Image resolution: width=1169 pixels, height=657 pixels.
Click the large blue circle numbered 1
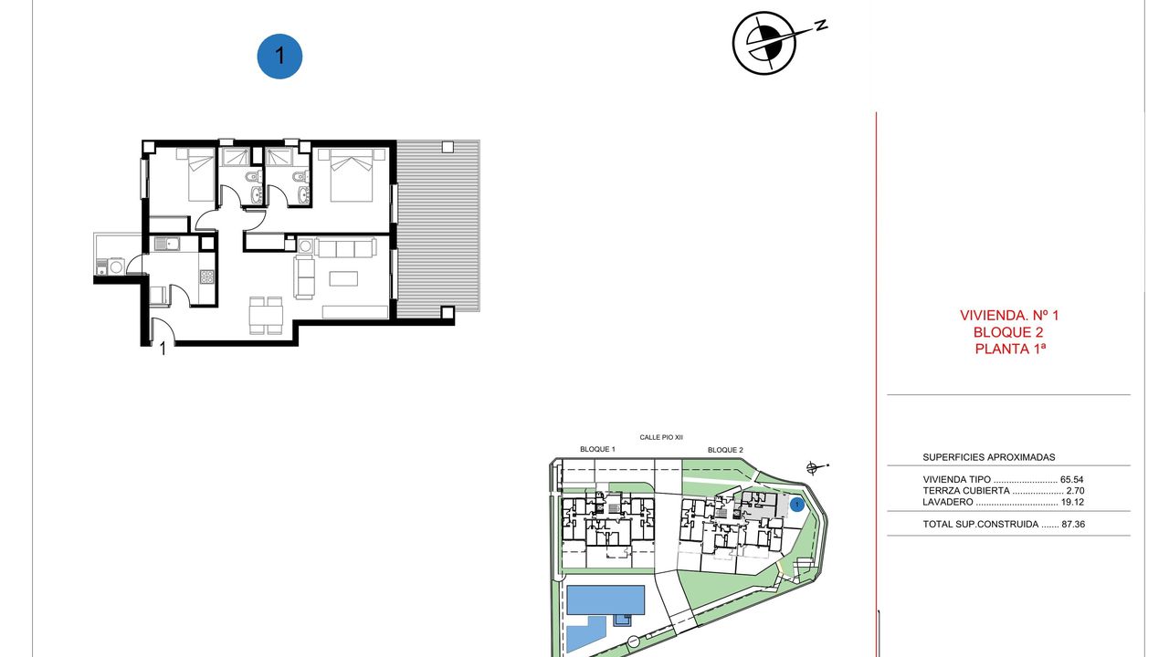279,57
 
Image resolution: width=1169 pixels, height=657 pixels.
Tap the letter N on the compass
821,25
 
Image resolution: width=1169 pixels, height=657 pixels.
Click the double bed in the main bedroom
352,174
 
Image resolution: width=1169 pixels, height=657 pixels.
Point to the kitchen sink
166,244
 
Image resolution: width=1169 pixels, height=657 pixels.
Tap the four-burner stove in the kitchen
206,276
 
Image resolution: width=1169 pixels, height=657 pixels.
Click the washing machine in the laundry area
116,267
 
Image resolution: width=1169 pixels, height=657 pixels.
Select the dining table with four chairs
266,315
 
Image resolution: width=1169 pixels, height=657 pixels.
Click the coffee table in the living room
343,278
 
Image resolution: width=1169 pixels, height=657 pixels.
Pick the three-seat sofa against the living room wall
345,247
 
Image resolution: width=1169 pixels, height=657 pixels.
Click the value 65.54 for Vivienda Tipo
1072,479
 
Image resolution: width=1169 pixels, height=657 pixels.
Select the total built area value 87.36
1073,524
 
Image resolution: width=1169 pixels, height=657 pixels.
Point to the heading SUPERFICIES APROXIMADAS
989,457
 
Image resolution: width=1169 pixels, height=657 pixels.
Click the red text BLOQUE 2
1008,332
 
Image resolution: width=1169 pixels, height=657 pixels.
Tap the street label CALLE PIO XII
661,437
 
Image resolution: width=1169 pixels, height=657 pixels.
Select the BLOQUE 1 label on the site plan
597,449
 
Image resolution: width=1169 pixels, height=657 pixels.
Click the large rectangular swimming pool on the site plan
606,600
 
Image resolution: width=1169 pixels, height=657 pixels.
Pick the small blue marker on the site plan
797,505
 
